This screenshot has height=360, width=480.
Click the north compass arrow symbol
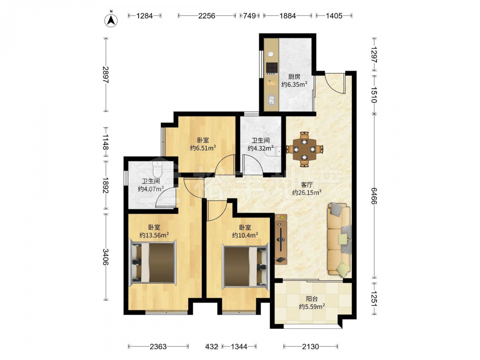point(111,20)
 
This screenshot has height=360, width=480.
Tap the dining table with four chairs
point(304,149)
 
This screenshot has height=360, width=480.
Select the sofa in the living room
point(339,239)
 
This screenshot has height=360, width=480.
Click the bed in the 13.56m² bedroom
point(154,263)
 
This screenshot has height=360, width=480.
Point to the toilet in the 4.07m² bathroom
point(157,168)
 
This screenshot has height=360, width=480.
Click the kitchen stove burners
point(272,67)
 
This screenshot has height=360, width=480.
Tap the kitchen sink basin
point(271,100)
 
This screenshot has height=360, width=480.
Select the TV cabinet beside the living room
point(281,239)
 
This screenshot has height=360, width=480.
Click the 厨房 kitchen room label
point(294,76)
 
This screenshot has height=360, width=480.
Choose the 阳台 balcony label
point(312,299)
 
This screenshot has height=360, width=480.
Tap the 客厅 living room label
point(306,185)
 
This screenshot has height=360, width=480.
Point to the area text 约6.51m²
point(203,148)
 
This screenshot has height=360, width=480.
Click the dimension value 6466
point(374,196)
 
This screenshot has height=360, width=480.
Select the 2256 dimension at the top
point(206,15)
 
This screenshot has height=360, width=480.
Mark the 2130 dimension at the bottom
point(311,347)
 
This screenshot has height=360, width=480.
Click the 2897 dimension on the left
point(106,75)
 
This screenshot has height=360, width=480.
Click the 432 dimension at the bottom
point(212,347)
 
